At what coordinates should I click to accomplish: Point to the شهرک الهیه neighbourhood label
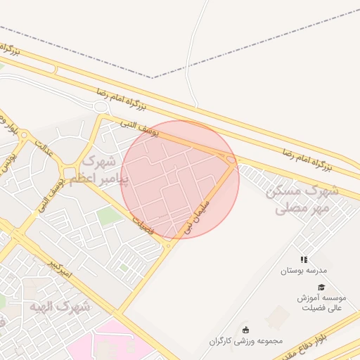point(62,307)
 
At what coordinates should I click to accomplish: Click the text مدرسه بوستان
point(304,271)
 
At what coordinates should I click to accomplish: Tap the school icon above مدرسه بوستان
point(304,259)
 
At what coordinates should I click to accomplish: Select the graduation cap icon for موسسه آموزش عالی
point(321,287)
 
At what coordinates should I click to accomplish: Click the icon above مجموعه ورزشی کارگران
point(245,329)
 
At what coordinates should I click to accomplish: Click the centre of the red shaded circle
point(180,179)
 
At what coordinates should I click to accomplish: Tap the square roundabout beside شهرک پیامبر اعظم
point(69,172)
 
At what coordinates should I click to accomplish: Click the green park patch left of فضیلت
point(107,216)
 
